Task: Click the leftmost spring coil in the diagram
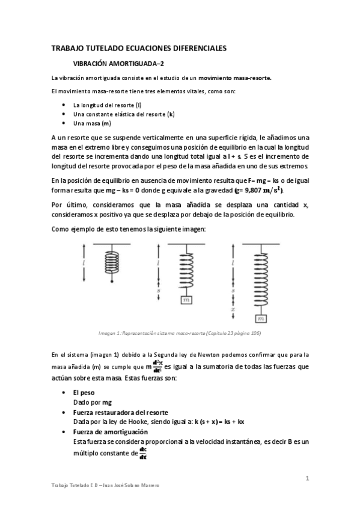coord(112,262)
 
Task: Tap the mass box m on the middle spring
coord(185,299)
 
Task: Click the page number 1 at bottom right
coord(307,479)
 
